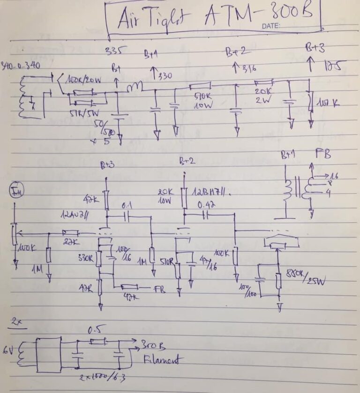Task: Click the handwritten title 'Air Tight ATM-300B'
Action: tap(213, 18)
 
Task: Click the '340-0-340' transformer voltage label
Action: tap(21, 65)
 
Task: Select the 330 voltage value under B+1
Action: tap(165, 76)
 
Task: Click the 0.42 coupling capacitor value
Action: tap(206, 205)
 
